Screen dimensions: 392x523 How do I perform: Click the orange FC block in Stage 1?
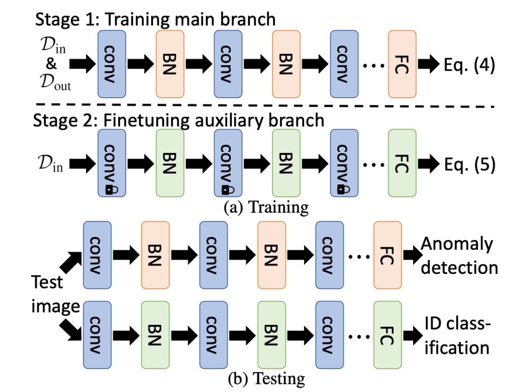(x=402, y=64)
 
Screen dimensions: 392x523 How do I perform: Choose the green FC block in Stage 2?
(x=402, y=164)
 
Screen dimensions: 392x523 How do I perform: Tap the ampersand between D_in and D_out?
(x=51, y=65)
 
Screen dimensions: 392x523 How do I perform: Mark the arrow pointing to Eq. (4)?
(x=429, y=64)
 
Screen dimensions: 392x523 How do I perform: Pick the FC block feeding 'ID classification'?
(x=387, y=336)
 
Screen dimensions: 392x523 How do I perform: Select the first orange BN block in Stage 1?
(x=170, y=64)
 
